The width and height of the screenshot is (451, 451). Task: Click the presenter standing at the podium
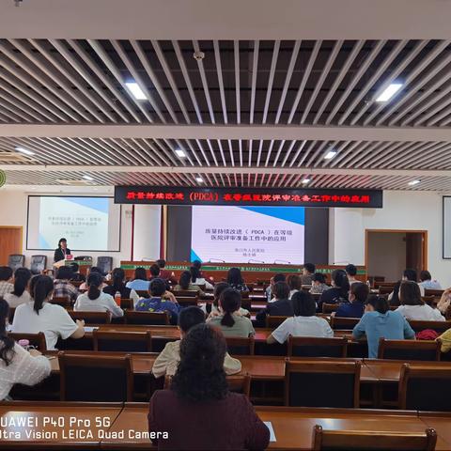(62, 251)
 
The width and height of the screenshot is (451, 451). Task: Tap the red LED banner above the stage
(248, 196)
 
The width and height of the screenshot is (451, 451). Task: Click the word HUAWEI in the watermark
(21, 421)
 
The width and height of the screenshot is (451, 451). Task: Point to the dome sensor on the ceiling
(198, 56)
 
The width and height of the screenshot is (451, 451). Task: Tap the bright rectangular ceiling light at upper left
(136, 91)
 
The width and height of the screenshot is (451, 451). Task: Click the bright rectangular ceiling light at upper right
(388, 92)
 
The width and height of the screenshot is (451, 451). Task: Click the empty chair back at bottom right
(374, 439)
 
